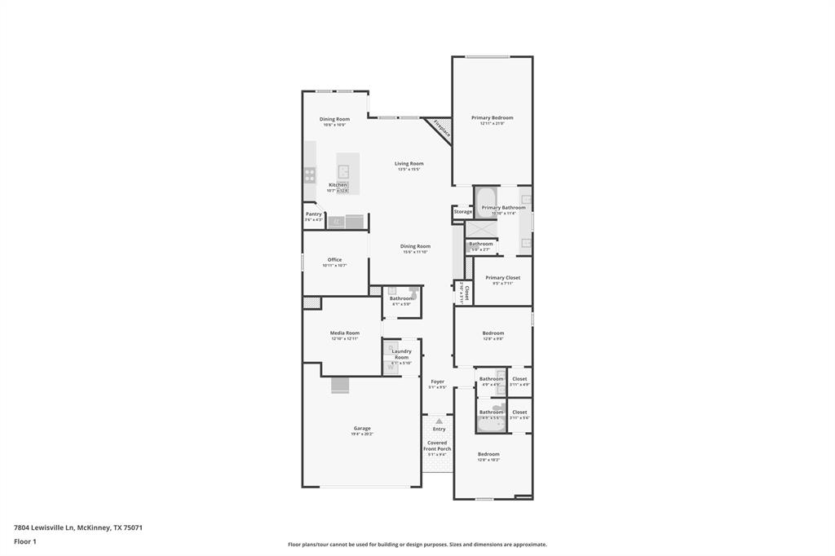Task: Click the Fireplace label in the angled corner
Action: point(441,129)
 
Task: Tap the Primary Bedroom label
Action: point(492,117)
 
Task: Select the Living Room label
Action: point(409,163)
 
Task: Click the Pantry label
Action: point(314,214)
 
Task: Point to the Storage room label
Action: point(463,212)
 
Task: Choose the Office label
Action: point(334,259)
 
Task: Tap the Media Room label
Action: point(344,333)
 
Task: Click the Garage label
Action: point(362,428)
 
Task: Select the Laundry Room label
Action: point(401,354)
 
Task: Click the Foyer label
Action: point(438,381)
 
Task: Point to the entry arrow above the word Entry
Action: point(439,421)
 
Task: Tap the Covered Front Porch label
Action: point(437,445)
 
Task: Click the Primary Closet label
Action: point(502,277)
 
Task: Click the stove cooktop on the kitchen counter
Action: point(310,173)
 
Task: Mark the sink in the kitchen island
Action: point(344,171)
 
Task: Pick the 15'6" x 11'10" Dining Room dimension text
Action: point(415,252)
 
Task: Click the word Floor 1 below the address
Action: point(24,541)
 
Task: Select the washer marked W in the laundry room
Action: point(390,367)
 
